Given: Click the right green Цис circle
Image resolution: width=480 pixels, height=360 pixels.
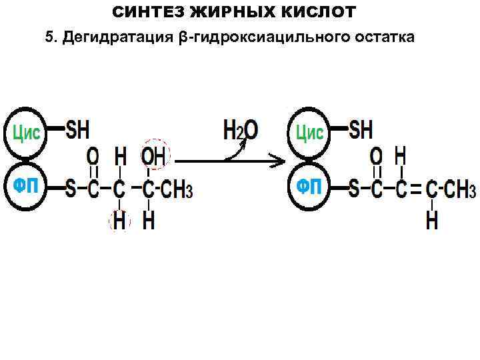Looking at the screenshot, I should point(309,132).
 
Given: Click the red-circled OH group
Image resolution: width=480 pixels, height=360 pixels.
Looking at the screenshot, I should point(155,156).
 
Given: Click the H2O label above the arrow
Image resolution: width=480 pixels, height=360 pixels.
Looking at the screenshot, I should point(239,130).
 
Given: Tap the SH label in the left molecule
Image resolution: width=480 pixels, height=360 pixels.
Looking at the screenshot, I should point(77,130).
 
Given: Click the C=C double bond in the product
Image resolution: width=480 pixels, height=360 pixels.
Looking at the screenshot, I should point(415,190).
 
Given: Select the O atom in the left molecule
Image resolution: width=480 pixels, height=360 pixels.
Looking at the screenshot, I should point(93,157).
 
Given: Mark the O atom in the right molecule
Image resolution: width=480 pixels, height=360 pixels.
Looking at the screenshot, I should point(377,157).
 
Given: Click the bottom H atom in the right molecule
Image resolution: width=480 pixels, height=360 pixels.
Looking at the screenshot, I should point(432,221).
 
